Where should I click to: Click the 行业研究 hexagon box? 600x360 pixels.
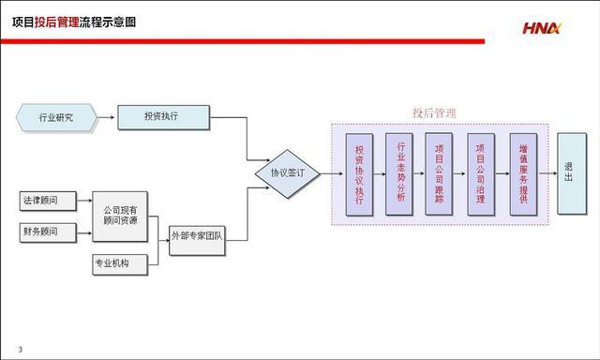click(57, 118)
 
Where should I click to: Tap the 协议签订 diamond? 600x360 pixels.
click(288, 173)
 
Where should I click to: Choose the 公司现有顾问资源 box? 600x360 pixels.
click(119, 217)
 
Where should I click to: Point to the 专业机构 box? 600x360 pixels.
click(120, 264)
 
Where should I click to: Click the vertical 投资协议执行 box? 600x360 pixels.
click(359, 174)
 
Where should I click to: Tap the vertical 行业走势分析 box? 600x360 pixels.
click(400, 174)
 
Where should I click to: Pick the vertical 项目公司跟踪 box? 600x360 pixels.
click(441, 174)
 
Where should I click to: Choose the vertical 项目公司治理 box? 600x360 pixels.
click(481, 174)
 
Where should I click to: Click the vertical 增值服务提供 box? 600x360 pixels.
click(523, 174)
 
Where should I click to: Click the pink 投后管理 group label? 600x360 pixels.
click(434, 112)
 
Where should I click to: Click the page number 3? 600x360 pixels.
click(20, 350)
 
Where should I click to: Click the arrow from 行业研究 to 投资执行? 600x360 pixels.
click(107, 118)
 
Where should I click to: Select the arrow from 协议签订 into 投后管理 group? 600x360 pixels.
click(325, 173)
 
